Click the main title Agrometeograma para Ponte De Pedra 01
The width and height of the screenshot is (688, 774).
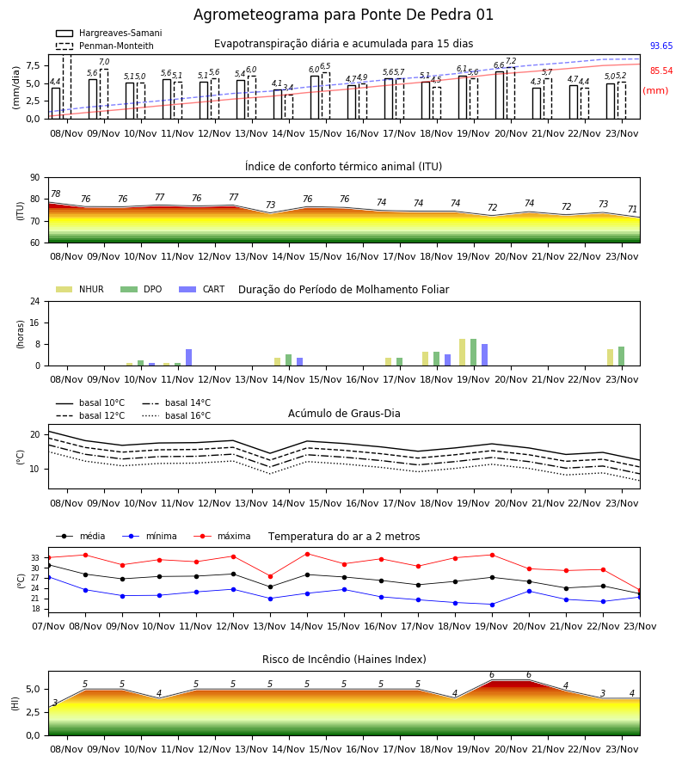343,15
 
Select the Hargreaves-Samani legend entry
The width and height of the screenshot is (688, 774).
108,33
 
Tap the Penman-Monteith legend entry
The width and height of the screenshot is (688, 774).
105,46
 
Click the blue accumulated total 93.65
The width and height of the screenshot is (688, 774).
661,46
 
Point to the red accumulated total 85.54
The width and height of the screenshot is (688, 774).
661,71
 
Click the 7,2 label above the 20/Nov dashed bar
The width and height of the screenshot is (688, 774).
511,61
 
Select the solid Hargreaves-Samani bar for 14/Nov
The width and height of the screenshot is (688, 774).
278,104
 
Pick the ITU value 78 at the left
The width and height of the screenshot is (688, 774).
56,194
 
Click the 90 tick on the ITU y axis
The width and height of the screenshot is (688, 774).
35,178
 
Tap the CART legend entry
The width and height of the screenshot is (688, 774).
202,289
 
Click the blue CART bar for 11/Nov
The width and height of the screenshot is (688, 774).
188,358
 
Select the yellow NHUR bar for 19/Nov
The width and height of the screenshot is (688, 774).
463,353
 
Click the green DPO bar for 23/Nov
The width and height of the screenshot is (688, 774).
622,356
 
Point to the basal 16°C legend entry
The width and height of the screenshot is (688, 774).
176,415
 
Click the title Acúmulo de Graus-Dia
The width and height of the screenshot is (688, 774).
344,414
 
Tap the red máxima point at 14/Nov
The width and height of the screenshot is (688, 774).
308,554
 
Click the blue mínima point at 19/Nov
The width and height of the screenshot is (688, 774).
492,605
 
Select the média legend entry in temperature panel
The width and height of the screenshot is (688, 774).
81,536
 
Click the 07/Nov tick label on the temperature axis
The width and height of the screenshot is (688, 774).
48,626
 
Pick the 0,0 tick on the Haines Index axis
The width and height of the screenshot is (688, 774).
34,735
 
